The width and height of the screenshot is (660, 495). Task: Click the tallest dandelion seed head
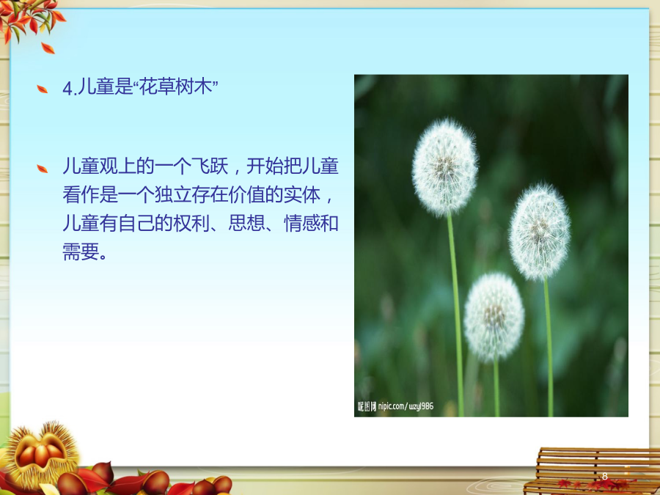pyautogui.click(x=444, y=167)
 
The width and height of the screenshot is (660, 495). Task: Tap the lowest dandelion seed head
pyautogui.click(x=494, y=317)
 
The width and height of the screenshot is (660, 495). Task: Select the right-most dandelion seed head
pyautogui.click(x=540, y=232)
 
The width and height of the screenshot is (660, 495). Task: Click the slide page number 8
pyautogui.click(x=604, y=476)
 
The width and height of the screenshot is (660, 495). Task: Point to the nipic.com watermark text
pyautogui.click(x=395, y=406)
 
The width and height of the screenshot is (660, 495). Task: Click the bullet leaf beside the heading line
pyautogui.click(x=42, y=89)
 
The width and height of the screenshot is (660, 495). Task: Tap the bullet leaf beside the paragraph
pyautogui.click(x=42, y=169)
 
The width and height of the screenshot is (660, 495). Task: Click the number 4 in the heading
pyautogui.click(x=67, y=89)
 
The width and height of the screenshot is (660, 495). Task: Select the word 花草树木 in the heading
pyautogui.click(x=175, y=87)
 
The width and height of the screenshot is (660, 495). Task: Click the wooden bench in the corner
pyautogui.click(x=592, y=471)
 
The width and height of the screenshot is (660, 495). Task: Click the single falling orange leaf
pyautogui.click(x=48, y=48)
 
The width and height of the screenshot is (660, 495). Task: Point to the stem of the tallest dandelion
pyautogui.click(x=455, y=315)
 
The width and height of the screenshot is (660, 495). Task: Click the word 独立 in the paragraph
pyautogui.click(x=173, y=194)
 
